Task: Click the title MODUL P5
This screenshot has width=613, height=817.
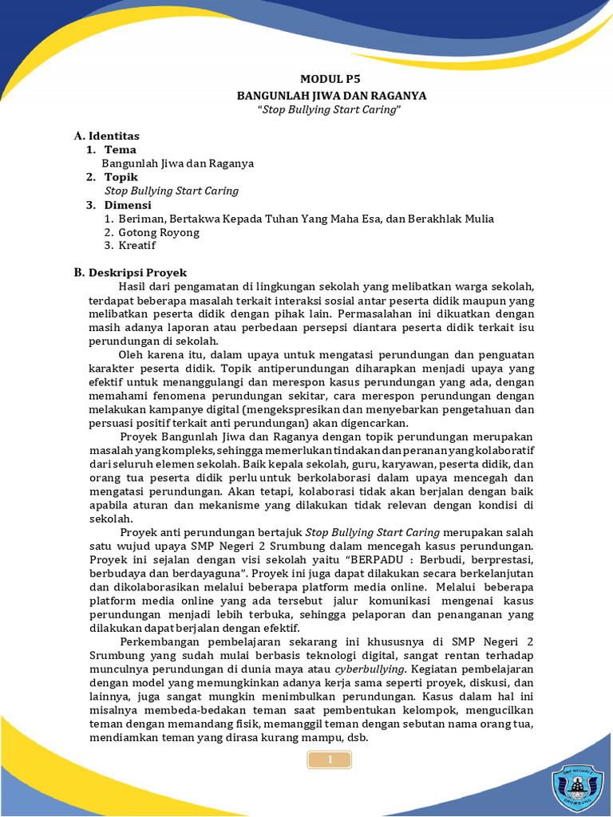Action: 331,79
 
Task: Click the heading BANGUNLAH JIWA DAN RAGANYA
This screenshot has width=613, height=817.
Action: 331,95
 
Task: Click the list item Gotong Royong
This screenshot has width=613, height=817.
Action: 158,232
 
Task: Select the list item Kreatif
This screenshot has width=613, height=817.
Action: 137,246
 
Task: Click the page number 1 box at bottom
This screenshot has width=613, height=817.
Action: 330,760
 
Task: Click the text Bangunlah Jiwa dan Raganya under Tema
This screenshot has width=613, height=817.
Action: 178,163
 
